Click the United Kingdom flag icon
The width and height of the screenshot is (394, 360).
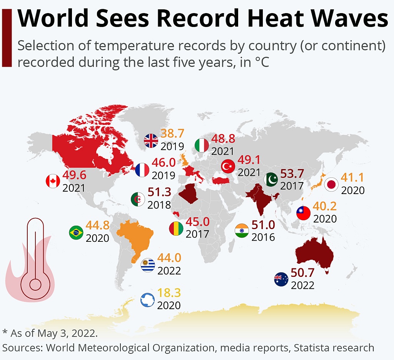coord(151,141)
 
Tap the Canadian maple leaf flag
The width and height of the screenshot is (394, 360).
coord(53,181)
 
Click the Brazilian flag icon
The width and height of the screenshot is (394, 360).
coord(76,233)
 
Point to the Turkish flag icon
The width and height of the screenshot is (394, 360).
coord(228,166)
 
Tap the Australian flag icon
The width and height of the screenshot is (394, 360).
coord(281,279)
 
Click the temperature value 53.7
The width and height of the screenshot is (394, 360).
coord(292,174)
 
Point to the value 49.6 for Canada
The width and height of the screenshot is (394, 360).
coord(74,176)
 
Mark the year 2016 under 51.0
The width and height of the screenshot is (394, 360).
coord(263,236)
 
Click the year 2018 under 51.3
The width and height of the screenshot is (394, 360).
coord(159,204)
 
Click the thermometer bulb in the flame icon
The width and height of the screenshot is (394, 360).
coord(35,285)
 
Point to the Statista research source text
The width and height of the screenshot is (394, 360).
coord(334,348)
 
